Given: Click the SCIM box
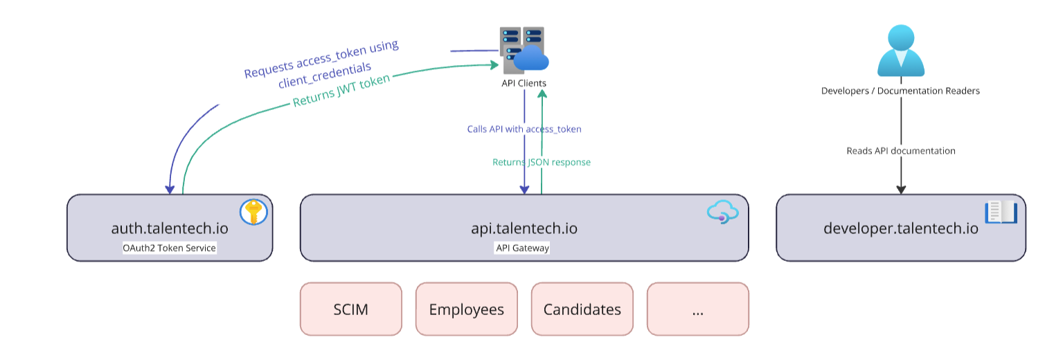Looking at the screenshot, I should click(350, 309).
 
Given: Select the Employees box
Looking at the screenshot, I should click(466, 309).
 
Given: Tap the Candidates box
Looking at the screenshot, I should click(582, 309).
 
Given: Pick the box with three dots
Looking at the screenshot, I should click(697, 309).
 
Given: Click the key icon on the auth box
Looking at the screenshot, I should click(253, 212).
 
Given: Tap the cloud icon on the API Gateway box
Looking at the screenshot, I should click(719, 212).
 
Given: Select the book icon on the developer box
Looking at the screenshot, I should click(1000, 212).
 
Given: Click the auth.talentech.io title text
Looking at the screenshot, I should click(170, 228).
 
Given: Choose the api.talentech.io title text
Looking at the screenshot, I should click(524, 228).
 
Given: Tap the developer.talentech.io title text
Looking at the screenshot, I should click(900, 228).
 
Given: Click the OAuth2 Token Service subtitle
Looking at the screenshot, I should click(170, 248).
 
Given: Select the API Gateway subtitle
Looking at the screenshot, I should click(523, 248).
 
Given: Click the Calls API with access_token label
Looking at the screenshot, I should click(524, 129).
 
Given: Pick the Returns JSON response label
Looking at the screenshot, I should click(542, 162).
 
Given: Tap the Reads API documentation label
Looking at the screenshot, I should click(901, 150).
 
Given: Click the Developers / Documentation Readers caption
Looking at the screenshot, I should click(900, 91).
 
